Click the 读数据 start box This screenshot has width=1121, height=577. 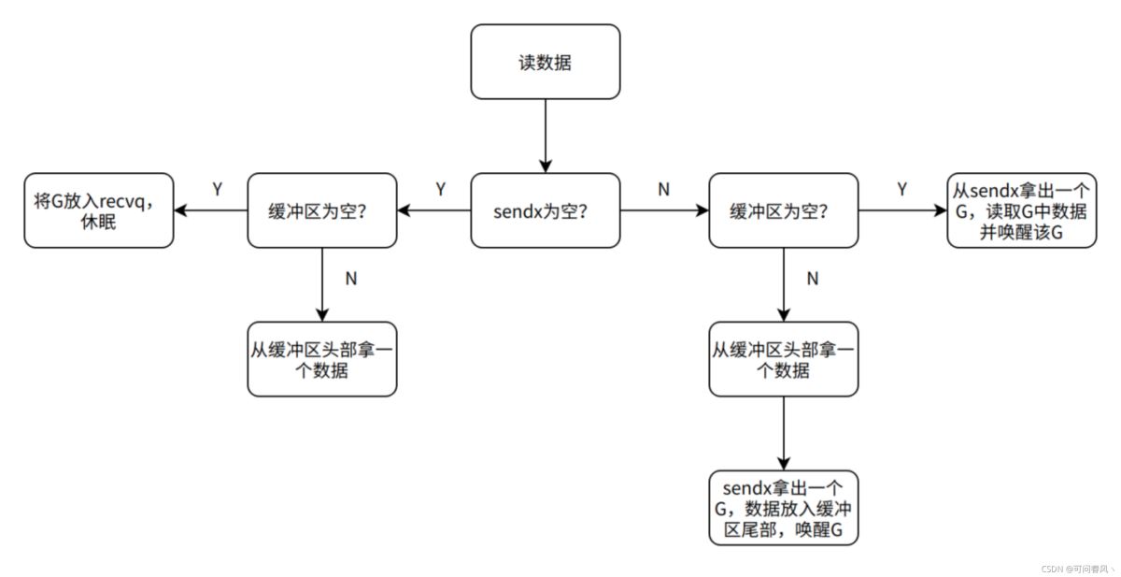pyautogui.click(x=545, y=62)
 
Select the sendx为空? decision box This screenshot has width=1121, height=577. pyautogui.click(x=545, y=210)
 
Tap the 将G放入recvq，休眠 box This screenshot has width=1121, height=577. pyautogui.click(x=98, y=210)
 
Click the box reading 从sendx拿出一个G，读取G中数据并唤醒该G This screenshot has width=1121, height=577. pyautogui.click(x=1021, y=210)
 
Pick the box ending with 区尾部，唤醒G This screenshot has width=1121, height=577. pyautogui.click(x=783, y=508)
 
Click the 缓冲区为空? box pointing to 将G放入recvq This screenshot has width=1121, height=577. pyautogui.click(x=321, y=210)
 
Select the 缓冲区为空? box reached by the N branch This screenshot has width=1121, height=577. pyautogui.click(x=783, y=210)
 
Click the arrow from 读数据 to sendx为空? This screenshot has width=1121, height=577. pyautogui.click(x=545, y=136)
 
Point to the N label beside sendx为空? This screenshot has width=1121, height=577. pyautogui.click(x=663, y=190)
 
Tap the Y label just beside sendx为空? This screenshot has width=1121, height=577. pyautogui.click(x=441, y=190)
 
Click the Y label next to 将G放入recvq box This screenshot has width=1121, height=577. pyautogui.click(x=217, y=190)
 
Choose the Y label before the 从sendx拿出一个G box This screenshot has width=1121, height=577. pyautogui.click(x=901, y=190)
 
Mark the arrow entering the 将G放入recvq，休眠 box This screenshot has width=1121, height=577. pyautogui.click(x=210, y=210)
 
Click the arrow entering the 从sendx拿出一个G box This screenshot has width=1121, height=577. pyautogui.click(x=901, y=210)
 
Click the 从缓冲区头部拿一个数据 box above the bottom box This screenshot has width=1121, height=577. pyautogui.click(x=783, y=359)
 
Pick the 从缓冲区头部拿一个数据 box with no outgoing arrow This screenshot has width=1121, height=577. pyautogui.click(x=321, y=359)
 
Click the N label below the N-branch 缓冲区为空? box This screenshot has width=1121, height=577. pyautogui.click(x=812, y=278)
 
